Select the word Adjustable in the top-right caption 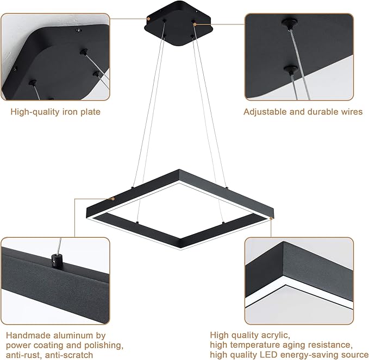point(263,112)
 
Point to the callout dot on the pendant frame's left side point(112,199)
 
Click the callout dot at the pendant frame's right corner point(271,218)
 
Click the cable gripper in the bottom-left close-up point(55,258)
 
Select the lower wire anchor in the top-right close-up point(292,70)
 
